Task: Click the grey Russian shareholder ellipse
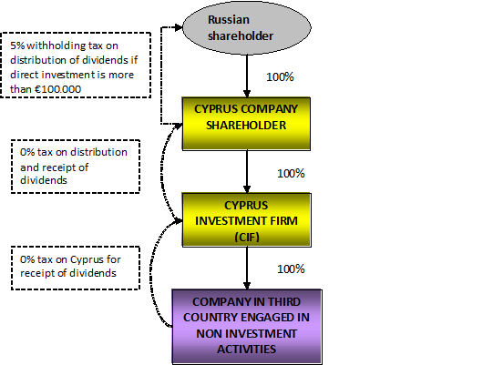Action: tap(247, 27)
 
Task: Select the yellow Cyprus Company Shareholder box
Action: tap(246, 124)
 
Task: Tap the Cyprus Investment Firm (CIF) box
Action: tap(246, 220)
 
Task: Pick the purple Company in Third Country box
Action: tap(247, 327)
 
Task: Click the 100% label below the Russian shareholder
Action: tap(280, 77)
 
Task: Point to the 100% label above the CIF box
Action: tap(291, 173)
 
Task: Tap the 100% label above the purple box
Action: tap(291, 269)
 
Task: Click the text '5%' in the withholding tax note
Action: tap(17, 46)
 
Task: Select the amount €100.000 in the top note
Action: tap(57, 89)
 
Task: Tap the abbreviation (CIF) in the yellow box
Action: tap(247, 237)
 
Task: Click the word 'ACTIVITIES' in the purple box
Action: tap(246, 350)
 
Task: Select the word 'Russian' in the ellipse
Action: tap(229, 20)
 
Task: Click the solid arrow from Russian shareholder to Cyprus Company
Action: tap(247, 76)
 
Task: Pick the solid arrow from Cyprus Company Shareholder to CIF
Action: tap(247, 172)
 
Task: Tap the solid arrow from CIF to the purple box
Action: tap(247, 269)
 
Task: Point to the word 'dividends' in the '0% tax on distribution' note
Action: tap(44, 180)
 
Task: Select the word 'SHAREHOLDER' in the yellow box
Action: tap(246, 126)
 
